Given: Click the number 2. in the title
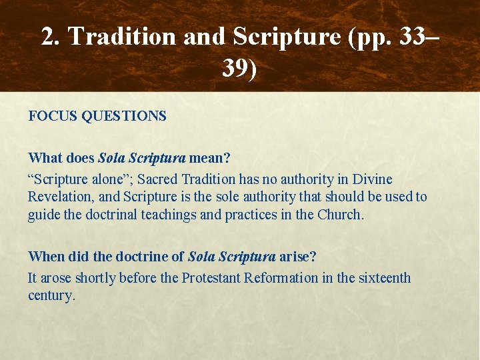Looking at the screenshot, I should [51, 37].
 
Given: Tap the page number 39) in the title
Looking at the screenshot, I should [239, 68].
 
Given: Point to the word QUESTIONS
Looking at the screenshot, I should [124, 116].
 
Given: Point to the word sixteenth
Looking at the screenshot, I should [383, 278].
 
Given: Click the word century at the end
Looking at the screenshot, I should [50, 295].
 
